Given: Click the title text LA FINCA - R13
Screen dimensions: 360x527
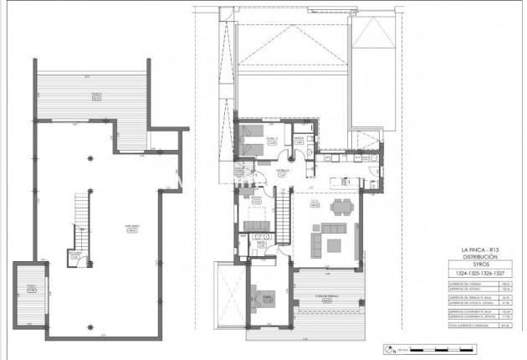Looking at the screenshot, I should point(484,250).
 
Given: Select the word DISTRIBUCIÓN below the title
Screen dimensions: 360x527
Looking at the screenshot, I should point(484,257).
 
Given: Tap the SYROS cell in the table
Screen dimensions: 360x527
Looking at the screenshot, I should point(484,265).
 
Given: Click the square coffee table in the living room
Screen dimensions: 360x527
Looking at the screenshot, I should point(334,245).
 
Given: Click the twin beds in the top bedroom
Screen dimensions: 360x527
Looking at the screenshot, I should point(248,143).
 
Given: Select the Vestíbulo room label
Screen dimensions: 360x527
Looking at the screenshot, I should point(283,174).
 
